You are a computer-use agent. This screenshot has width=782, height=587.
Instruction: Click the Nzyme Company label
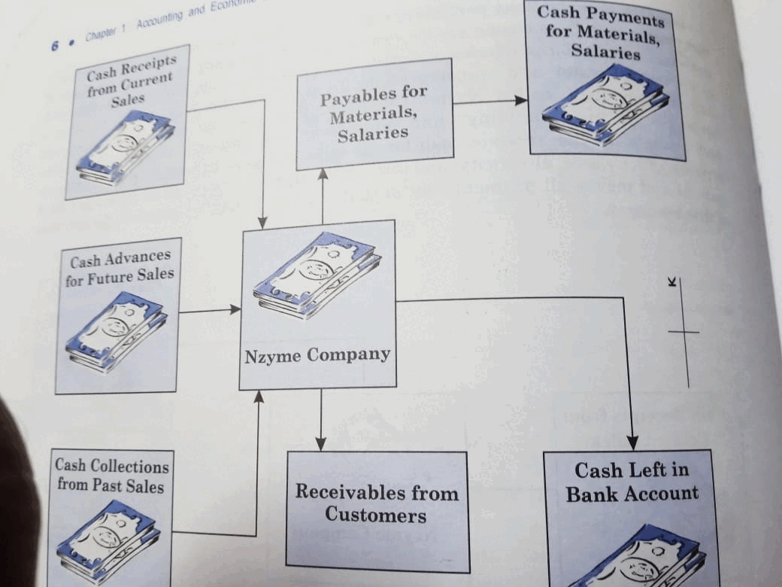pos(317,354)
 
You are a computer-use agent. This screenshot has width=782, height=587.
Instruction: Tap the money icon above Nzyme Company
pos(317,275)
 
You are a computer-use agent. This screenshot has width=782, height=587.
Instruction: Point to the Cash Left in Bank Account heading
pos(632,482)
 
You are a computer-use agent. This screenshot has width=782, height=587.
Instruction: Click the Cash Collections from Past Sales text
pos(111,476)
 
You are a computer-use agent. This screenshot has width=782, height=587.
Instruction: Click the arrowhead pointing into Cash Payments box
pos(521,100)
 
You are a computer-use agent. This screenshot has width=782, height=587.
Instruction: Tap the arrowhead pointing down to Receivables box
pos(320,444)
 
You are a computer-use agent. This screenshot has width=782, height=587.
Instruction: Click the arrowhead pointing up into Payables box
pos(323,175)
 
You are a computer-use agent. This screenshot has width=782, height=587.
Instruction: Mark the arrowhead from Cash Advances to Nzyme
pos(235,309)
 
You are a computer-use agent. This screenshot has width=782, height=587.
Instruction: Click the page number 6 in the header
pos(55,45)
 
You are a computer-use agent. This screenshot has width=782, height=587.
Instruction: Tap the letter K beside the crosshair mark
pos(671,282)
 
